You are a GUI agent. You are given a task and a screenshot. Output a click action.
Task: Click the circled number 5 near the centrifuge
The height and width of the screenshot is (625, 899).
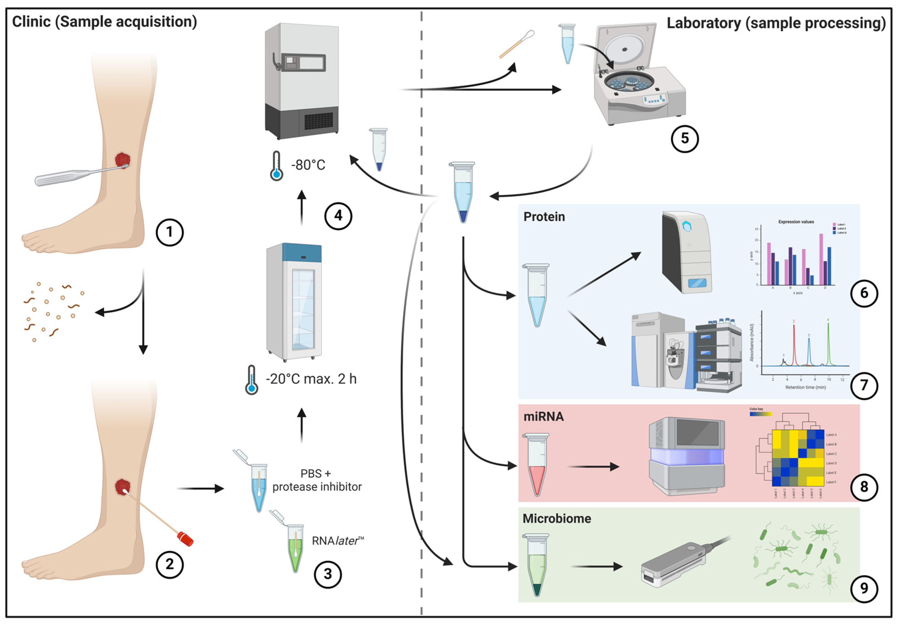(x=684, y=139)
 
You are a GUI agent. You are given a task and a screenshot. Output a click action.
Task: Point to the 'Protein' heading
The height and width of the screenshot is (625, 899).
(x=544, y=217)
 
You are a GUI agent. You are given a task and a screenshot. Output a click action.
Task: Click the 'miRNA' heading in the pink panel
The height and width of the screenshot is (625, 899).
(x=543, y=417)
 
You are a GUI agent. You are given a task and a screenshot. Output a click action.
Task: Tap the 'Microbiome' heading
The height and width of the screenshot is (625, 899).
(x=556, y=519)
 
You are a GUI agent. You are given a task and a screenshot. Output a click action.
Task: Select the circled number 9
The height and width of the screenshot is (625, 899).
(x=864, y=588)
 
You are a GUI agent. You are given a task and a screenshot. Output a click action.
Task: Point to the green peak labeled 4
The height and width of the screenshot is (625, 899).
(x=828, y=341)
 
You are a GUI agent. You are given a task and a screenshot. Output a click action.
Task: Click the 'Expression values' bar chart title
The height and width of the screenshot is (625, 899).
(x=796, y=222)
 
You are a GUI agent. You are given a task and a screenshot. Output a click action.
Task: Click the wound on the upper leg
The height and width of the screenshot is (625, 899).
(x=122, y=160)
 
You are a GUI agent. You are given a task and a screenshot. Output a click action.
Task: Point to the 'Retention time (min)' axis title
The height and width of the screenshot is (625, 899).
(x=805, y=387)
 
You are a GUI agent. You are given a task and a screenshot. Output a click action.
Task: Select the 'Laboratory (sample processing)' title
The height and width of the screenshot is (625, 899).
(x=776, y=23)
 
